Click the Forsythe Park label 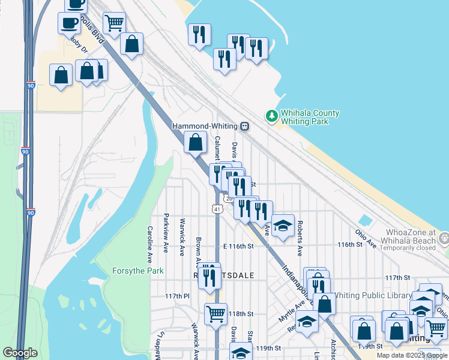tap(138, 271)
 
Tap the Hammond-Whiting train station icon tap(245, 127)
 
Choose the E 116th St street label tap(239, 245)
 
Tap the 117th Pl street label tap(177, 296)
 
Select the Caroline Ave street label tap(150, 238)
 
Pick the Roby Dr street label tap(79, 44)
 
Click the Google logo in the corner tap(20, 353)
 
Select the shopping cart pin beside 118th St tap(215, 313)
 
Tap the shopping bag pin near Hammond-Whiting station tap(195, 143)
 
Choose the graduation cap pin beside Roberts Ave tap(283, 226)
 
